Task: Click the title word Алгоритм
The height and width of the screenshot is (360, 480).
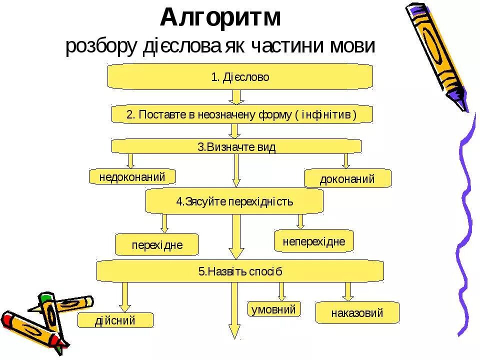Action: click(x=221, y=18)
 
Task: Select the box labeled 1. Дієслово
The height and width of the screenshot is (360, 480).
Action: click(x=240, y=77)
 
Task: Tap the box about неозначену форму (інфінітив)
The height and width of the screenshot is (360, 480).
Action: click(x=241, y=114)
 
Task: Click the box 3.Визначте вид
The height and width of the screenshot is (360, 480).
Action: click(x=236, y=146)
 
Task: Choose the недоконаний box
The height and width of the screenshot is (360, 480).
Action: click(x=133, y=176)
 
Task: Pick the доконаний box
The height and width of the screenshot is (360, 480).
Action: click(x=347, y=178)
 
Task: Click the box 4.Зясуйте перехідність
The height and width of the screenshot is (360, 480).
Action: click(x=234, y=201)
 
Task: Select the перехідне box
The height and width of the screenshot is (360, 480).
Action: click(x=157, y=245)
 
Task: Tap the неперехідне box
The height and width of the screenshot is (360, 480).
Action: click(x=313, y=241)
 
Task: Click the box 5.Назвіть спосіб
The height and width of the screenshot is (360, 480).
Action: click(x=240, y=271)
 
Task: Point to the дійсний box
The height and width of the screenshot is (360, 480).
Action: click(x=115, y=320)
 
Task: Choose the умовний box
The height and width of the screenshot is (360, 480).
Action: click(x=274, y=309)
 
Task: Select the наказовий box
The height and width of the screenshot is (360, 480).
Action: click(x=357, y=313)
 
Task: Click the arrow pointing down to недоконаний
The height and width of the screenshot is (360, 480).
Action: click(x=130, y=160)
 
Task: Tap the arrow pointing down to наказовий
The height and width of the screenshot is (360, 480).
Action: click(x=348, y=291)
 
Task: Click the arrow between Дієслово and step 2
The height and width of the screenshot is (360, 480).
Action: click(x=237, y=97)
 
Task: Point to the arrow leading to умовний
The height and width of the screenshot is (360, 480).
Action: click(x=281, y=291)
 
